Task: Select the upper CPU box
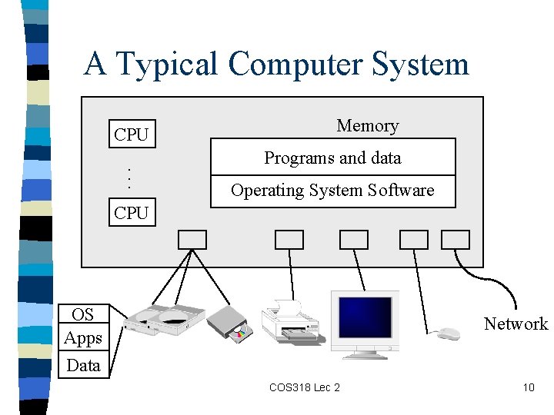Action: pyautogui.click(x=131, y=134)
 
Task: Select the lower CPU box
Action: pyautogui.click(x=131, y=213)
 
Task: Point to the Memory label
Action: pyautogui.click(x=368, y=126)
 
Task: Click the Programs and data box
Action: pyautogui.click(x=333, y=158)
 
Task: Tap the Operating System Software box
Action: pyautogui.click(x=333, y=191)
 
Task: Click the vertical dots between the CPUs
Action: pyautogui.click(x=129, y=178)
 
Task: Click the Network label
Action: pyautogui.click(x=516, y=324)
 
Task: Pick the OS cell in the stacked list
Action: pyautogui.click(x=82, y=314)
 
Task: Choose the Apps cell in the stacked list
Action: pyautogui.click(x=83, y=338)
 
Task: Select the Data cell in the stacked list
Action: pyautogui.click(x=83, y=365)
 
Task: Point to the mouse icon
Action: pyautogui.click(x=447, y=334)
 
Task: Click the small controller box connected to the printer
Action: pyautogui.click(x=289, y=240)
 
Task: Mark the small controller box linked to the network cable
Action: pyautogui.click(x=455, y=240)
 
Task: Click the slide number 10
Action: pyautogui.click(x=528, y=387)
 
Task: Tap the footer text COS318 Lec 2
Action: pyautogui.click(x=304, y=387)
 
